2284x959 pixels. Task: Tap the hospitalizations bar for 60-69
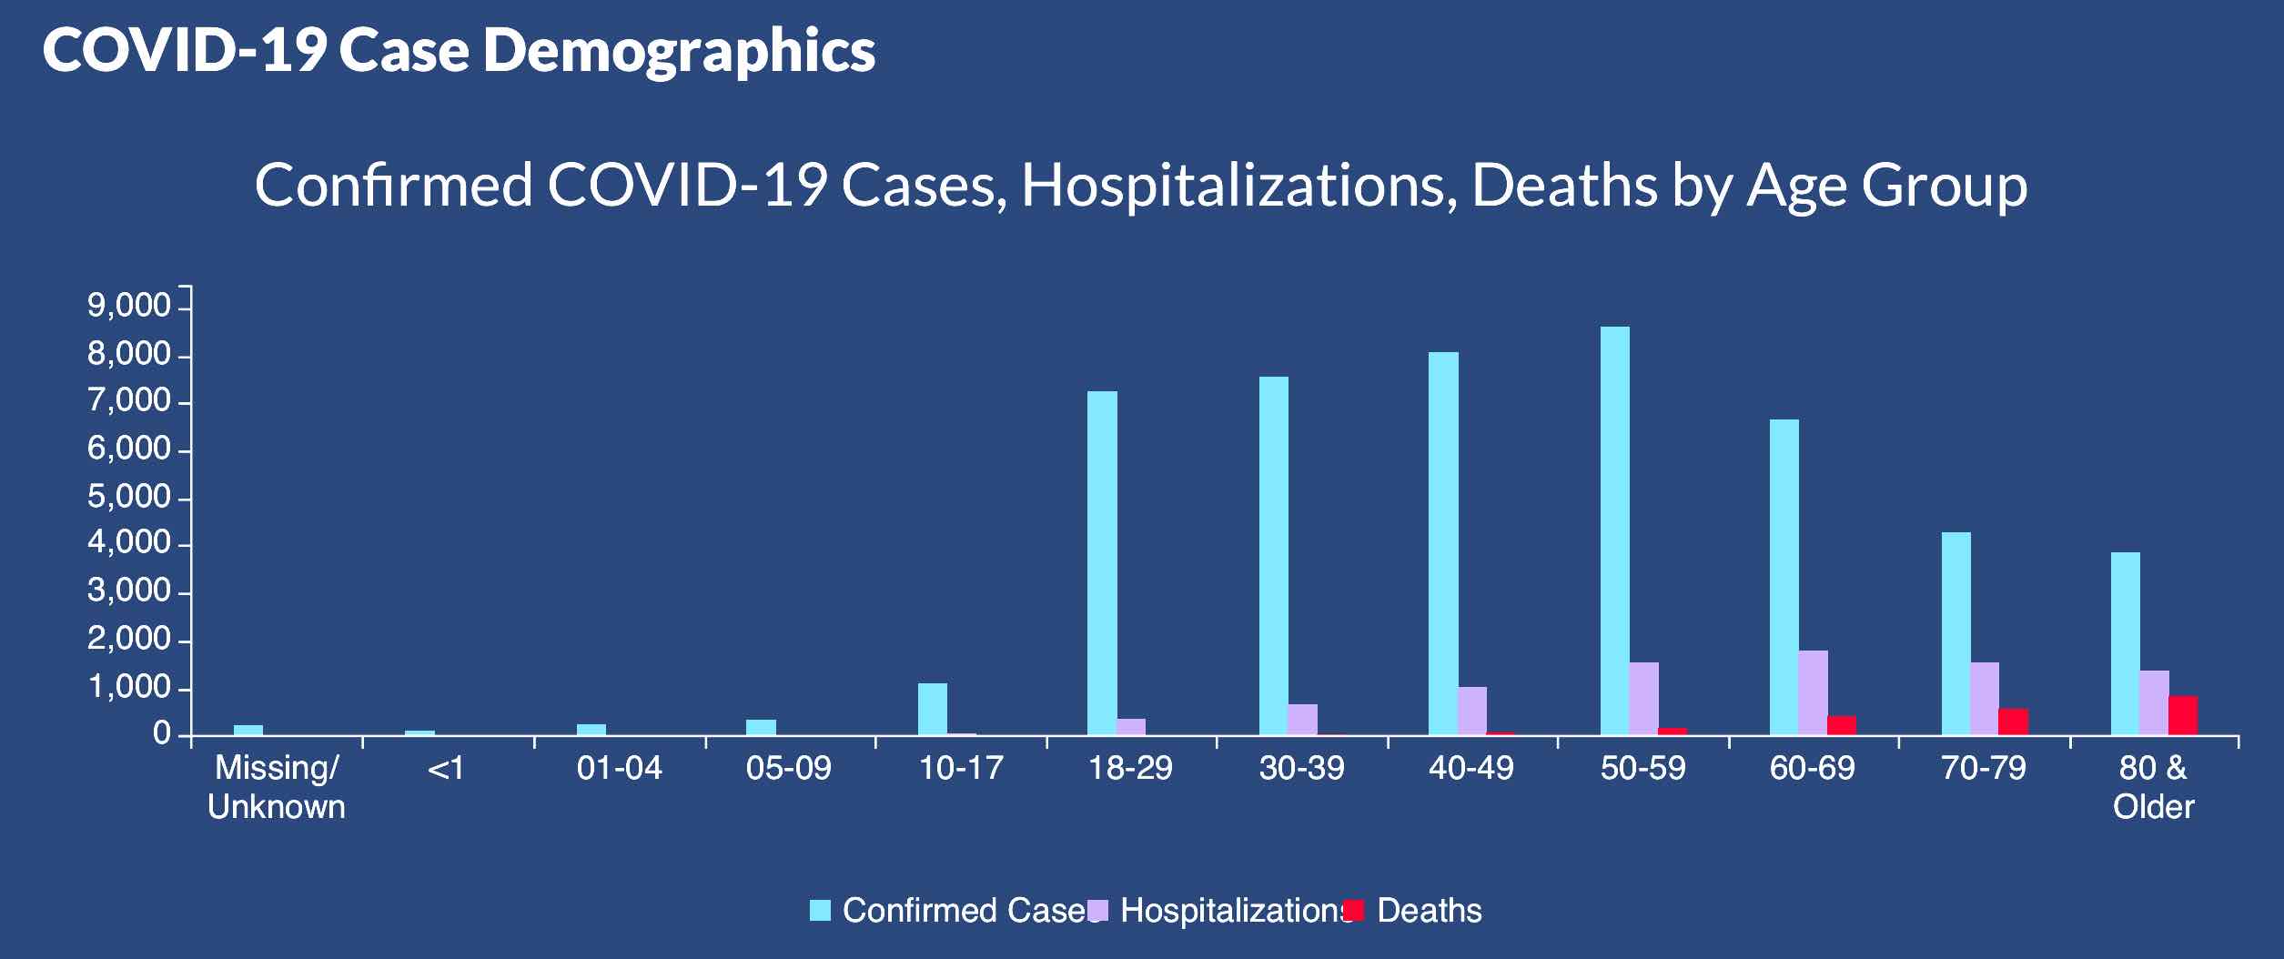tap(1813, 692)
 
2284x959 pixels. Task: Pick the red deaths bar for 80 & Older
tap(2183, 715)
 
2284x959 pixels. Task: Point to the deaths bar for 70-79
tap(2013, 722)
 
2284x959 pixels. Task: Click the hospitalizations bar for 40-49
tap(1472, 711)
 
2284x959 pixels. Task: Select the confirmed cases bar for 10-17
tap(932, 709)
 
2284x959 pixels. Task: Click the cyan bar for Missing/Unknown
tap(248, 730)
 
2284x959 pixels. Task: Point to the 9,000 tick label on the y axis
tap(128, 307)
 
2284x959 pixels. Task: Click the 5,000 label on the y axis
tap(128, 497)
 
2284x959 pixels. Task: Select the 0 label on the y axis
tap(162, 733)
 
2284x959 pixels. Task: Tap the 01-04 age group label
tap(619, 769)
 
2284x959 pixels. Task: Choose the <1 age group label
tap(446, 769)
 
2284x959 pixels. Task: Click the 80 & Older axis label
tap(2153, 787)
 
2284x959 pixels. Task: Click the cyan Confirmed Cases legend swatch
tap(820, 910)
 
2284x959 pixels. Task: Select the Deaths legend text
tap(1429, 911)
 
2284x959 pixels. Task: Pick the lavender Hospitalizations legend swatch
tap(1097, 910)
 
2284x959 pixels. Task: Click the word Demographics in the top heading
tap(679, 50)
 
